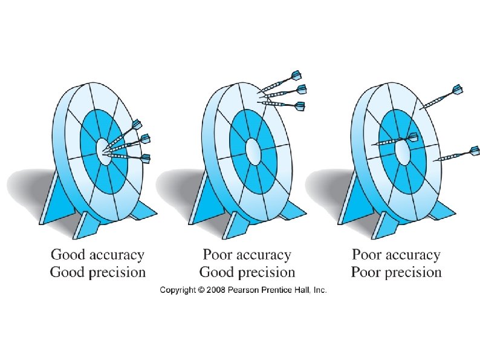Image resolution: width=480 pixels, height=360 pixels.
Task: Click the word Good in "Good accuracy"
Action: point(68,254)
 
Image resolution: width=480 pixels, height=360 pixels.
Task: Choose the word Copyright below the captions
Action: point(178,291)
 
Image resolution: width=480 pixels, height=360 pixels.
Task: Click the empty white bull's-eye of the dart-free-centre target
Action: point(253,148)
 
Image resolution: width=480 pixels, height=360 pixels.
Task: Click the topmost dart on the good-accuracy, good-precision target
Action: point(125,134)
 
